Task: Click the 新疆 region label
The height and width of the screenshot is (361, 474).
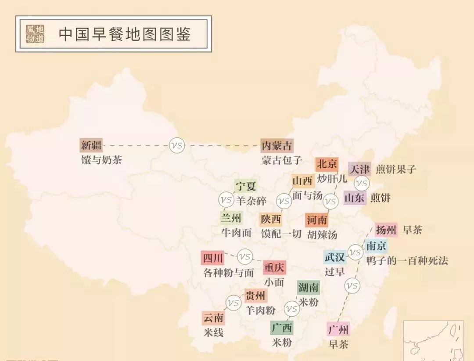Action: (91, 145)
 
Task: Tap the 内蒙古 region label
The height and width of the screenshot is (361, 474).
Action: (276, 145)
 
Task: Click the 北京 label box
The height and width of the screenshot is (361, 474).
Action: (327, 164)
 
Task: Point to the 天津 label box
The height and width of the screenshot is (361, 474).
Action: (359, 169)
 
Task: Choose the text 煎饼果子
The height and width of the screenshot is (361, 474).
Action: (396, 169)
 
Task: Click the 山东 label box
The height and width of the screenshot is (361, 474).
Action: (355, 198)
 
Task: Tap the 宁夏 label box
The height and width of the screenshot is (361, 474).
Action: (245, 186)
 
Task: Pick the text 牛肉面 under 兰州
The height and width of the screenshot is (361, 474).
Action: (237, 233)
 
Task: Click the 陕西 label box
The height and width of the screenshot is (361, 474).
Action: (270, 219)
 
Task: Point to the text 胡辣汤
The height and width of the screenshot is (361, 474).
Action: (322, 235)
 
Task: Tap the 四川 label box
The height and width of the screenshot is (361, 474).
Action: (213, 257)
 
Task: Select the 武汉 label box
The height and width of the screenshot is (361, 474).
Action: (335, 257)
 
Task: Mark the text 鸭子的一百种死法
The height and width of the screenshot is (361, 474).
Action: (407, 260)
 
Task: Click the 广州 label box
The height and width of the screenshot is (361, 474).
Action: (338, 329)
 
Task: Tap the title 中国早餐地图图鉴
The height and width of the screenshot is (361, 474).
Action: (125, 34)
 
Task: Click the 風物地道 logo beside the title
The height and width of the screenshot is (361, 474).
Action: (35, 34)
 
